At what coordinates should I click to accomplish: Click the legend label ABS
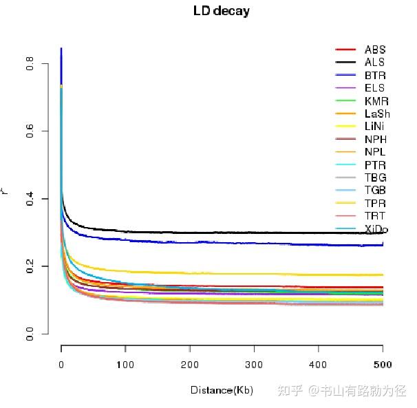tap(375, 50)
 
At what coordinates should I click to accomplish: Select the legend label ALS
tap(375, 63)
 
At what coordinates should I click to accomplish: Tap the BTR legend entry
tap(375, 76)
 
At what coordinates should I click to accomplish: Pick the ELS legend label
tap(375, 88)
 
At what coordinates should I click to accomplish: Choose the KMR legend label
tap(376, 101)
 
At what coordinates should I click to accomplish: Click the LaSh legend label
tap(378, 114)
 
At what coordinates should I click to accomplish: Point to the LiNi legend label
tap(376, 127)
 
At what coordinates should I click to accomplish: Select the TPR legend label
tap(375, 203)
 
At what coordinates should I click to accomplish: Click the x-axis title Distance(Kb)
tap(222, 390)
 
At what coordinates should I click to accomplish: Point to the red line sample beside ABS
tap(345, 50)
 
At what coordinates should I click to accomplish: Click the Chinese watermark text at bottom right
tap(341, 390)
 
